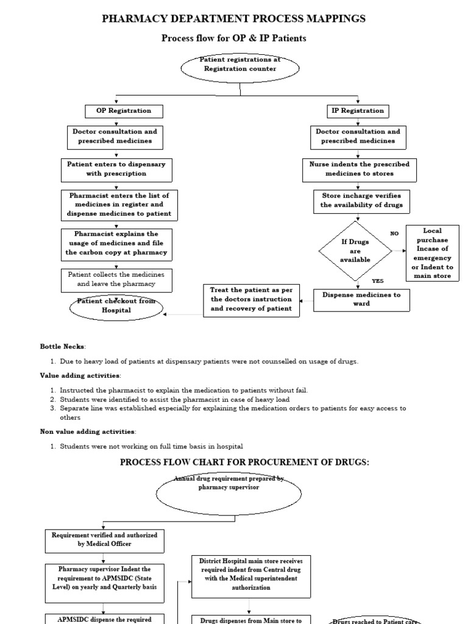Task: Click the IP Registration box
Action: tap(358, 111)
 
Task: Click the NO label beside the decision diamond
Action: tap(394, 233)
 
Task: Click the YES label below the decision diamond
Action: tap(378, 281)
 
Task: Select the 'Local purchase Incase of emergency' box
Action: tap(432, 252)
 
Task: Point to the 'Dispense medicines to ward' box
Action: tap(361, 299)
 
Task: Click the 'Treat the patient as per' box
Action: tap(251, 299)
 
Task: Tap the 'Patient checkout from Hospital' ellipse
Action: tap(116, 307)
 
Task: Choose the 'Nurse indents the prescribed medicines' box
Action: tap(359, 169)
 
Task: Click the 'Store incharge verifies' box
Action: tap(362, 200)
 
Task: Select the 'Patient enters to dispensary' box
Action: tap(116, 169)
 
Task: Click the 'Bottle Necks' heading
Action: tap(63, 346)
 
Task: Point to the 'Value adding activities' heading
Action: tap(80, 375)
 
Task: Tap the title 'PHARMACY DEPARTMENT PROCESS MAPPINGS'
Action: tap(234, 18)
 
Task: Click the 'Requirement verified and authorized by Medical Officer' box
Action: tap(104, 539)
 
